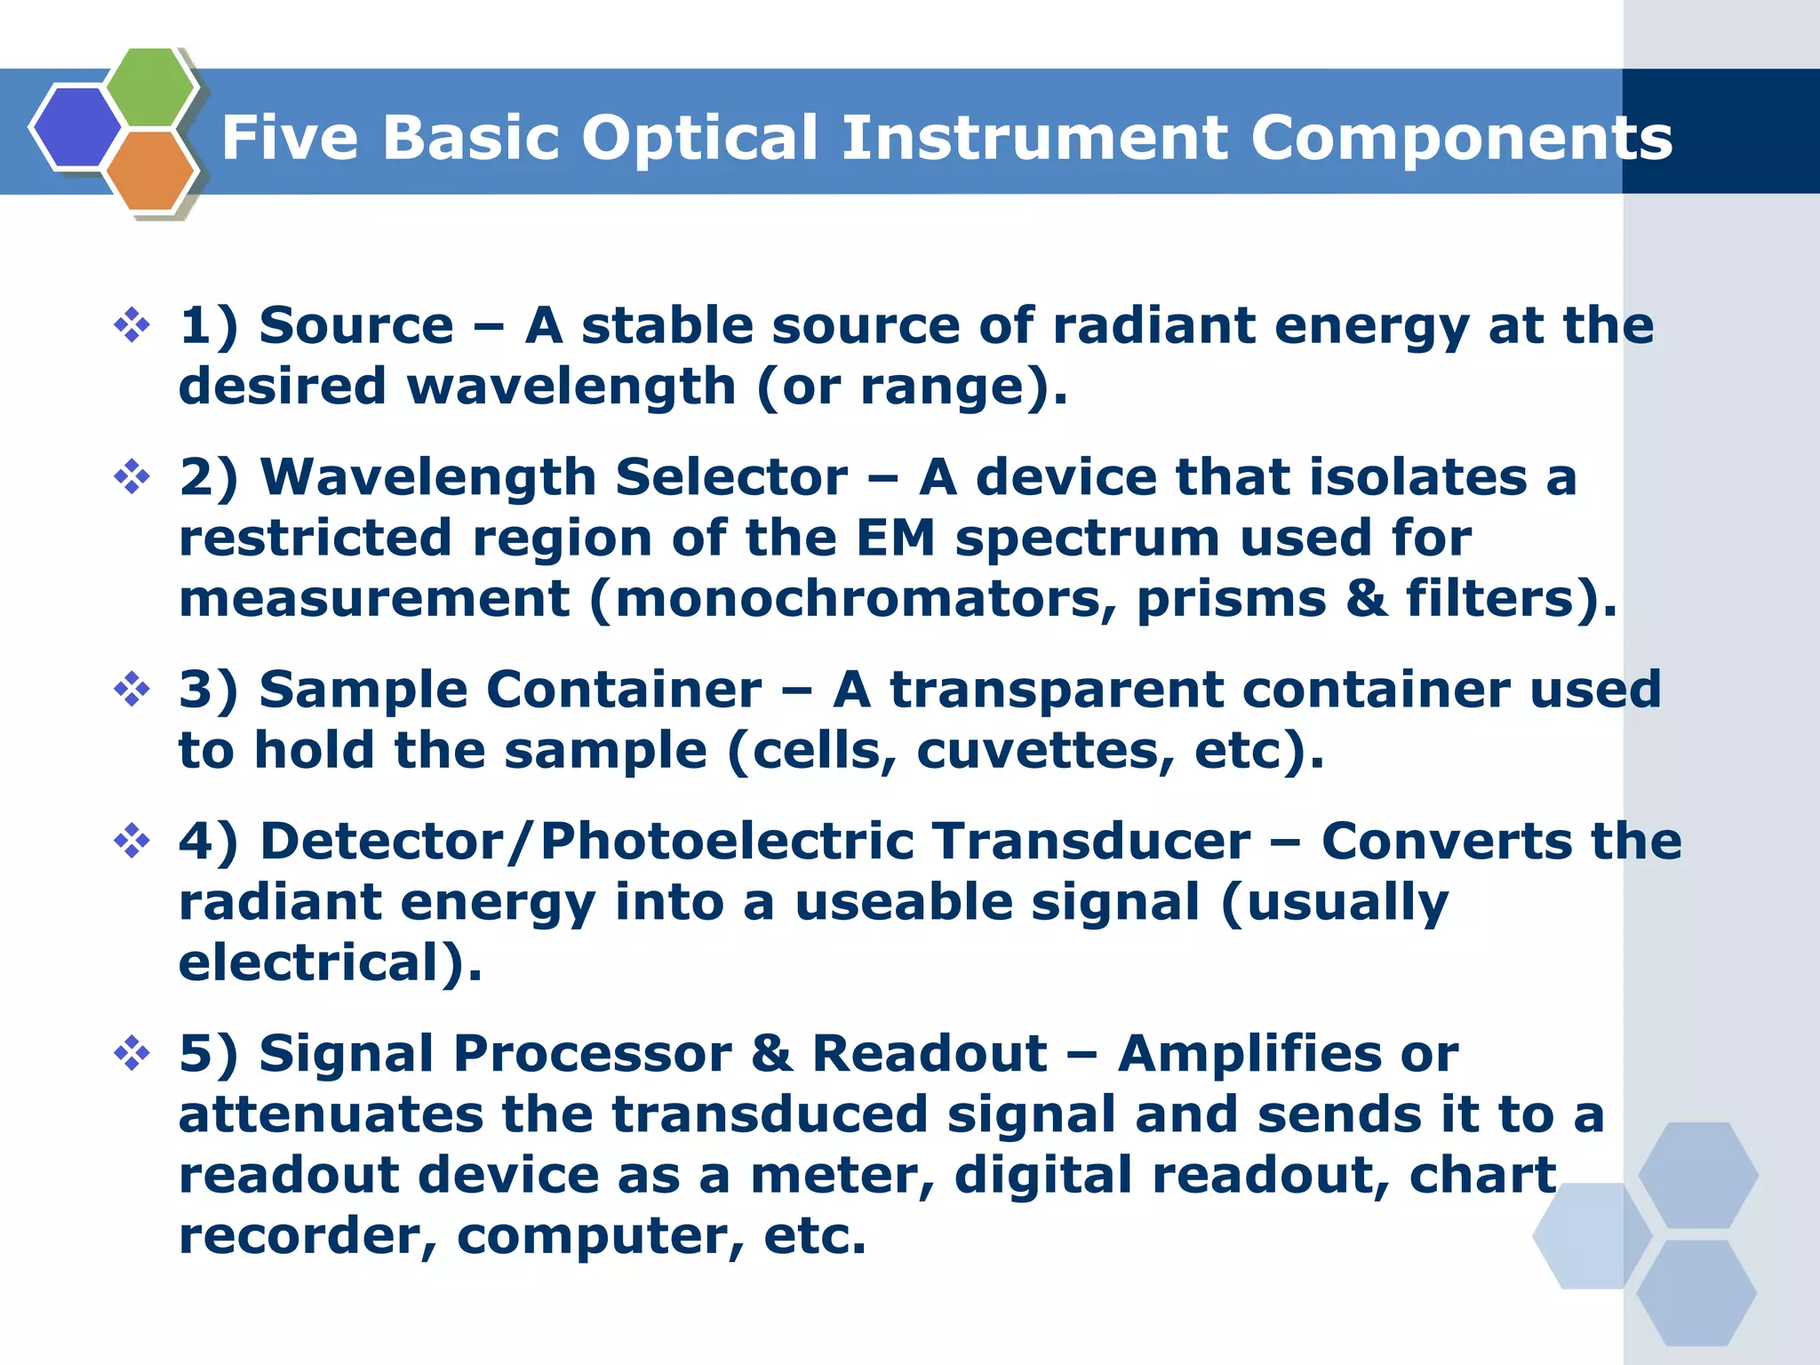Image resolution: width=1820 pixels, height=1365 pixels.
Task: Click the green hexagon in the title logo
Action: (151, 86)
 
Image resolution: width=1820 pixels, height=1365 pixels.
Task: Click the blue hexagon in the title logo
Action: (76, 127)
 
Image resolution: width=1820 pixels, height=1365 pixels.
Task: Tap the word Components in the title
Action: (1461, 139)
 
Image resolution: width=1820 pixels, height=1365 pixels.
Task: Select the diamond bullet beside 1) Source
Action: (132, 325)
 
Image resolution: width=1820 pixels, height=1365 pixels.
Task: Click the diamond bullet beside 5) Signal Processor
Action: (132, 1054)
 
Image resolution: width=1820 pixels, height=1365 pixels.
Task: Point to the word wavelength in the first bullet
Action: (571, 387)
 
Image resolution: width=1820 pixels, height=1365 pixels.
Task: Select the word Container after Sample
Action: (624, 690)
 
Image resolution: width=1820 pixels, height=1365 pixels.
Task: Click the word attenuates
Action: (330, 1115)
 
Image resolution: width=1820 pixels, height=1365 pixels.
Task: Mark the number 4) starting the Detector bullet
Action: (208, 842)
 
